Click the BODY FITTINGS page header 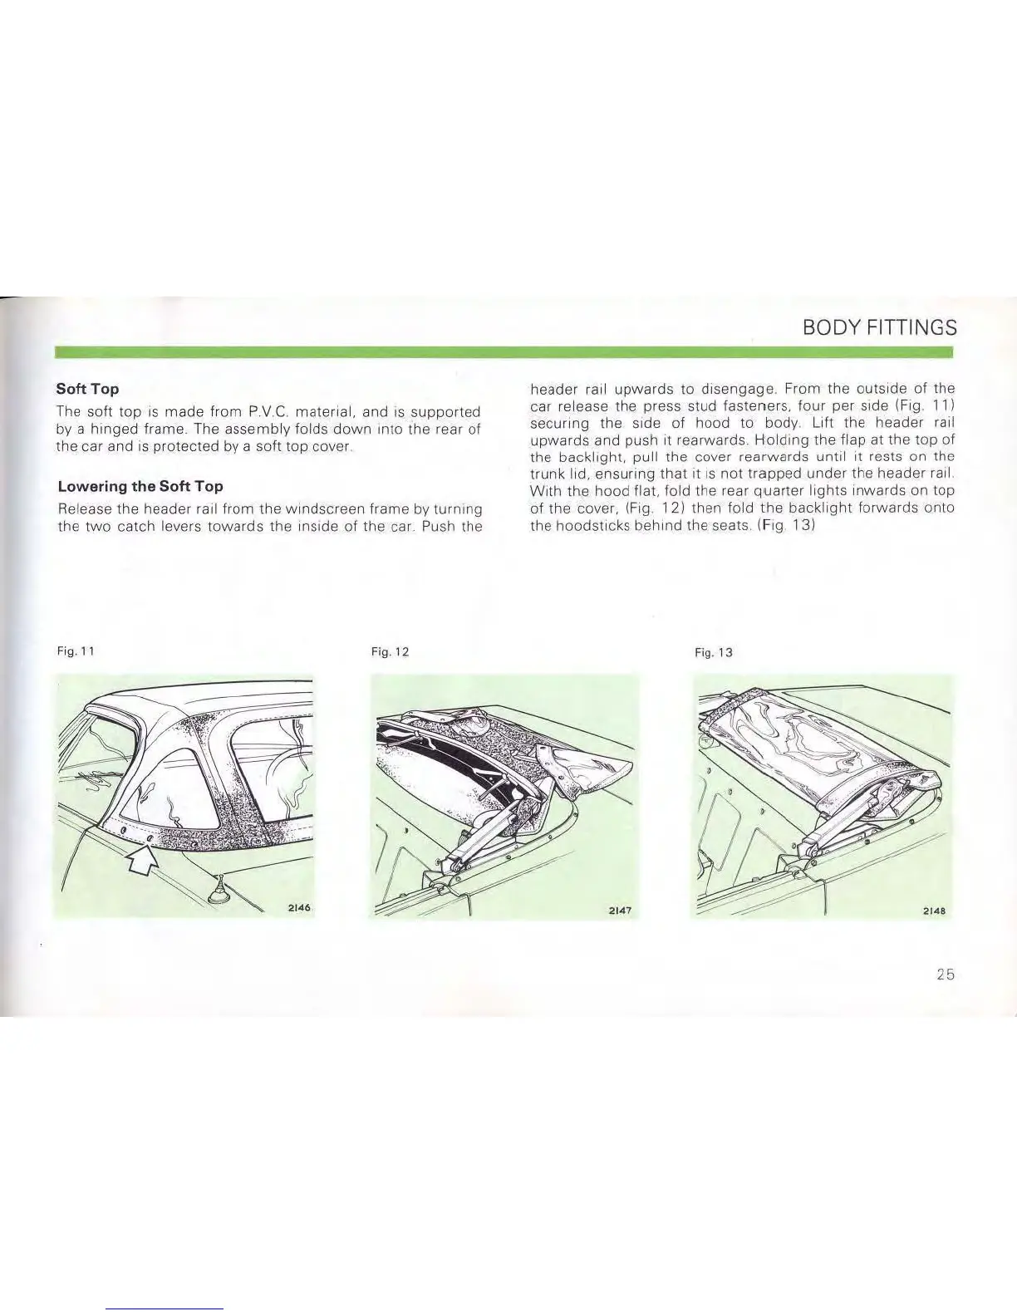point(880,327)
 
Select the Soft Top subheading point(87,389)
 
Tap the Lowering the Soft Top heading point(140,486)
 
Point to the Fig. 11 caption point(70,652)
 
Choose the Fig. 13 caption point(713,652)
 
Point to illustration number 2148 point(936,910)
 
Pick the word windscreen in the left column point(304,508)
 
